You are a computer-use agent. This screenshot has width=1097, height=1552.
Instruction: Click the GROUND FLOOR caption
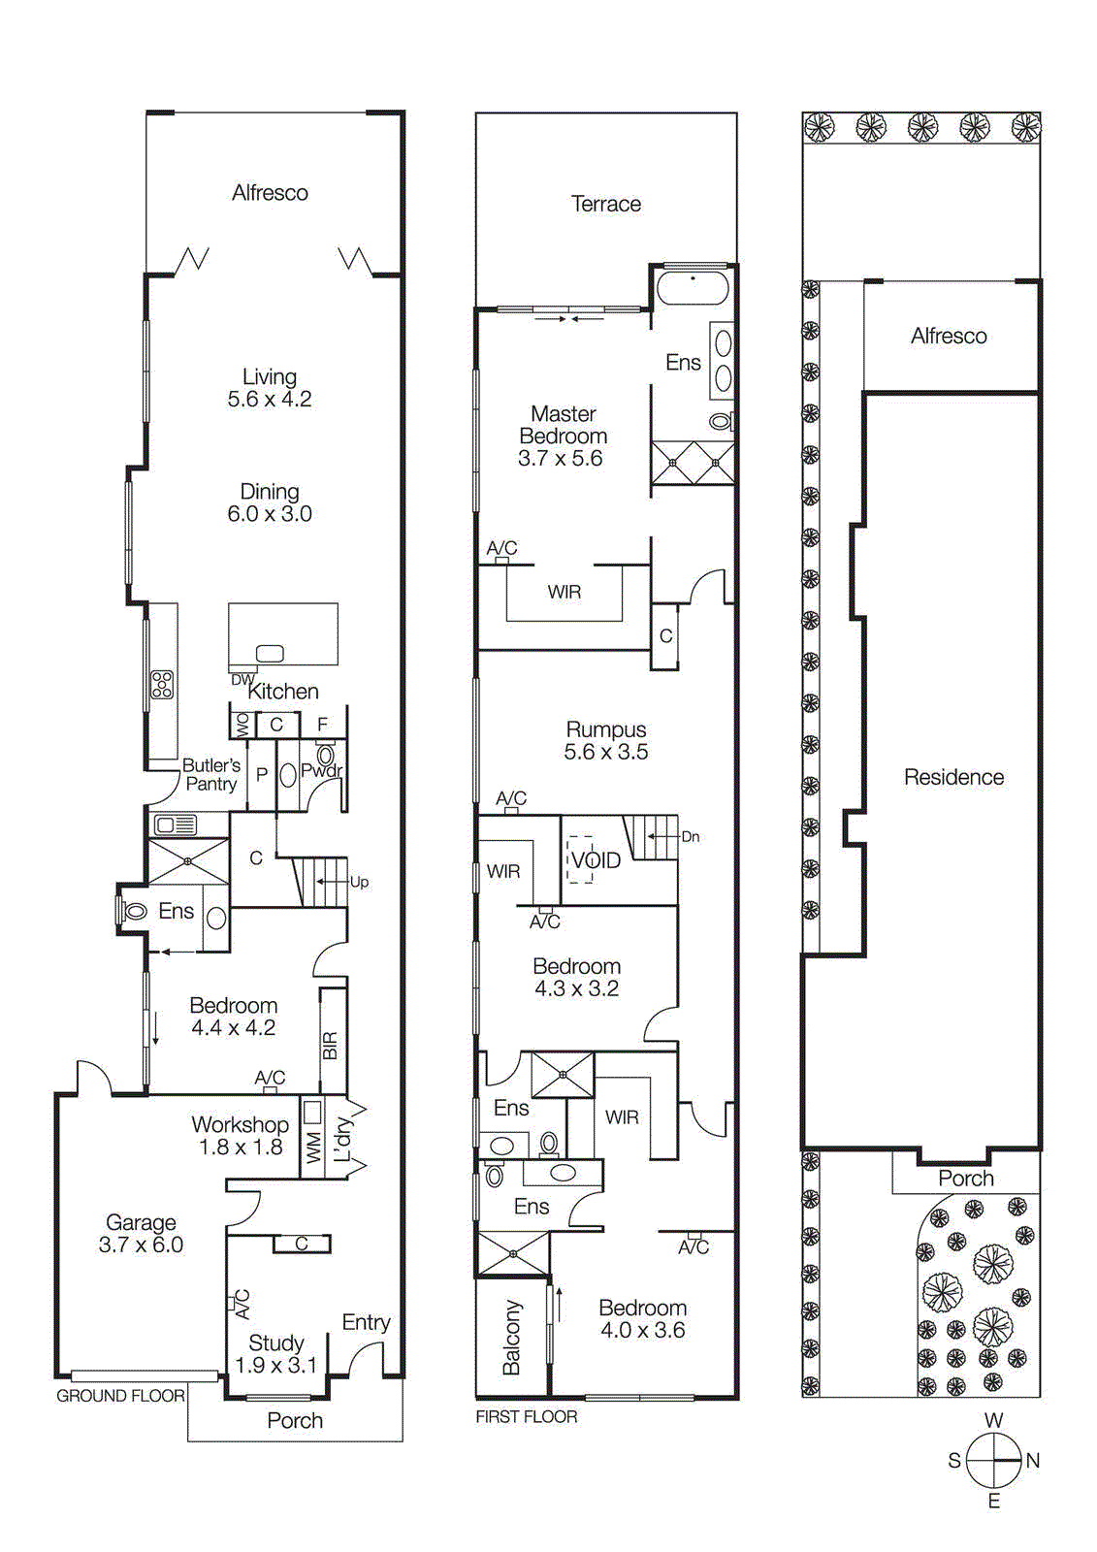click(x=120, y=1396)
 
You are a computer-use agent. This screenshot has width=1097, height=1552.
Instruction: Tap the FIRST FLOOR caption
click(x=526, y=1417)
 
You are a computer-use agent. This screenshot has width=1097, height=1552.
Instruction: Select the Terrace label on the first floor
click(x=605, y=204)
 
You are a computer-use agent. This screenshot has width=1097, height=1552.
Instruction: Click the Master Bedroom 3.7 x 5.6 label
click(x=562, y=436)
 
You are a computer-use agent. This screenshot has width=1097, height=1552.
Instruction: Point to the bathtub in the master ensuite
click(x=693, y=288)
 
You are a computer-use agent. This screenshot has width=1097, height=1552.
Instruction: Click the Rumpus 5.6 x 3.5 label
click(x=606, y=740)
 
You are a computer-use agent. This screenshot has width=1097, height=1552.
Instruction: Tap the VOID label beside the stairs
click(x=596, y=860)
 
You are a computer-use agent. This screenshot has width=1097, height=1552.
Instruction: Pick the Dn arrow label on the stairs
click(x=690, y=836)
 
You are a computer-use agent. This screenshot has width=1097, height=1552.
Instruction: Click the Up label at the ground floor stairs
click(x=359, y=882)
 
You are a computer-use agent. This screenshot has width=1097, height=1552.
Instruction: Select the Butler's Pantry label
click(x=211, y=774)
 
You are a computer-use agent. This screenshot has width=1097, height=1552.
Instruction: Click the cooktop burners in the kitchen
click(x=162, y=685)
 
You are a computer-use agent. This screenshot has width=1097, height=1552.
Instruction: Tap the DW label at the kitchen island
click(x=241, y=679)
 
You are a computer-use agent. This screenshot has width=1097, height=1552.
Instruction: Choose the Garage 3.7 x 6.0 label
click(x=141, y=1233)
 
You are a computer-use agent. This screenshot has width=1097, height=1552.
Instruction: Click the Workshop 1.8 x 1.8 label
click(x=240, y=1135)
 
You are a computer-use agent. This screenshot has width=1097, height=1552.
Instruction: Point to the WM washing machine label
click(x=313, y=1148)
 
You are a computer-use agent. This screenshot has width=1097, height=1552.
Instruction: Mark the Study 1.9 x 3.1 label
click(x=275, y=1354)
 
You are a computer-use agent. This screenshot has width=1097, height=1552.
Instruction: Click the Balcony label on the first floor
click(x=511, y=1338)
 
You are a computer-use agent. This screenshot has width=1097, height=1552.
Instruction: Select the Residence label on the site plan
click(x=953, y=777)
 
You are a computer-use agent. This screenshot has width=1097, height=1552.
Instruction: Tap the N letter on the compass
click(x=1032, y=1460)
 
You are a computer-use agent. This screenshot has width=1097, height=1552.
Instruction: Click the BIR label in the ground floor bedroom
click(x=330, y=1046)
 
